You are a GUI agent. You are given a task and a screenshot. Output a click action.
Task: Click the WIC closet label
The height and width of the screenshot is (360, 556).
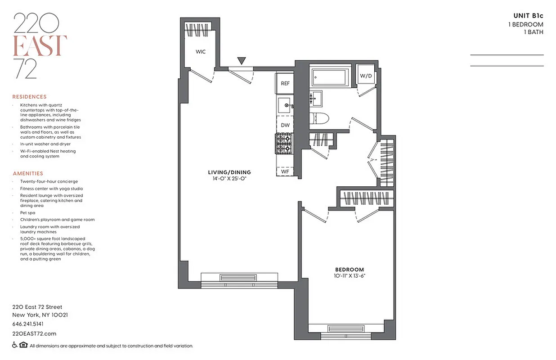tap(201, 52)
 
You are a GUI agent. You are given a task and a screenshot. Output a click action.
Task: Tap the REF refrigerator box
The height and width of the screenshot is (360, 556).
tap(285, 84)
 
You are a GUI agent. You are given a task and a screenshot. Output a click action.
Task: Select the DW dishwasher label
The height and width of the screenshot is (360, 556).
tap(285, 125)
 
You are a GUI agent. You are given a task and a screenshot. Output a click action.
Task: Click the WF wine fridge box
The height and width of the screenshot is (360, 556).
tap(285, 171)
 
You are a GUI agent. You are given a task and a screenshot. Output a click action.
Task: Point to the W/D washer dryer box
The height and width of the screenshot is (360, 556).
tap(366, 76)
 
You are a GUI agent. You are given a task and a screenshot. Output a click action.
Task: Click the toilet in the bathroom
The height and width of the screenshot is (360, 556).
tap(320, 118)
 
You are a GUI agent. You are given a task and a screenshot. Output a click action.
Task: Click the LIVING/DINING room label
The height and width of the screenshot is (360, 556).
tap(229, 172)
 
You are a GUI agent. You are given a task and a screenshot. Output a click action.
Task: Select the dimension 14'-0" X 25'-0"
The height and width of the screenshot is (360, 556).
tap(229, 179)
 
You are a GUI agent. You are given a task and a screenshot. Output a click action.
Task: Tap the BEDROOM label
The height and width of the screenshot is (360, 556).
tap(349, 270)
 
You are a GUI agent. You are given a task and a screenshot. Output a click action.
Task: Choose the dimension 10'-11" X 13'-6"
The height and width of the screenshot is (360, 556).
tap(349, 276)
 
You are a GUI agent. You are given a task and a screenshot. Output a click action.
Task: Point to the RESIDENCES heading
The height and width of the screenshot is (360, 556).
tap(29, 97)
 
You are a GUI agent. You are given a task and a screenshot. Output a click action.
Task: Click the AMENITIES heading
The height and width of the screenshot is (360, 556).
tap(28, 173)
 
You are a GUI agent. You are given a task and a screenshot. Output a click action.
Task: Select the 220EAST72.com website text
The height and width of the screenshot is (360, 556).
tap(34, 333)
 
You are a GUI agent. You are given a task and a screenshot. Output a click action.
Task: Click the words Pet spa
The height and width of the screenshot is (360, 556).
tap(27, 212)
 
